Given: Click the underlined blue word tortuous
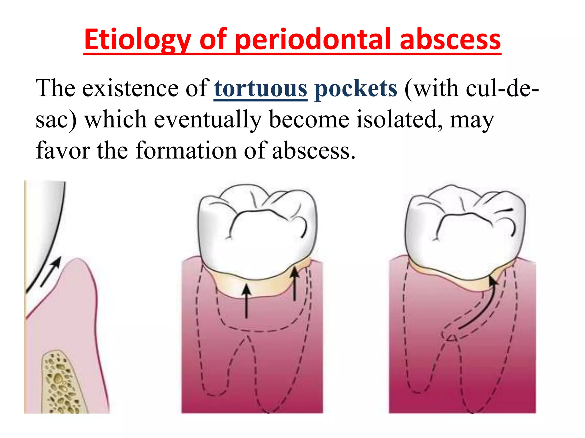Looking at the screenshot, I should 261,88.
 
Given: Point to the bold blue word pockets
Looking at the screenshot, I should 356,88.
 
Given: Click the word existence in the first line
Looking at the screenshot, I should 131,88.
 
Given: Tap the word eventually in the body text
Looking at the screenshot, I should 208,119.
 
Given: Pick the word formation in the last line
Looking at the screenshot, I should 186,150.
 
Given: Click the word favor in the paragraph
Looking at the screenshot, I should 63,150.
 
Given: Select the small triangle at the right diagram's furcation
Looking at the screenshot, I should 452,338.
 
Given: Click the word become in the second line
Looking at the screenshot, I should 309,119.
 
